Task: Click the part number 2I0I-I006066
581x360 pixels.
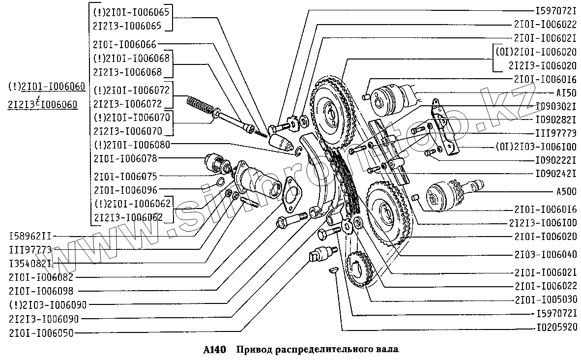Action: pos(124,44)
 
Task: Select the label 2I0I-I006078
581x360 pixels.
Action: pos(124,158)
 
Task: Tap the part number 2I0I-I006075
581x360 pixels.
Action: pos(124,176)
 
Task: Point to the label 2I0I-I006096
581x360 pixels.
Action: pos(124,189)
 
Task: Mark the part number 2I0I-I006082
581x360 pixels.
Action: pos(40,277)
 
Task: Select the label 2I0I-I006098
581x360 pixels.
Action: pos(40,291)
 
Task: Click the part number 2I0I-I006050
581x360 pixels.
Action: pos(40,333)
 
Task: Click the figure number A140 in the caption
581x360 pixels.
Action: pos(214,350)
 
